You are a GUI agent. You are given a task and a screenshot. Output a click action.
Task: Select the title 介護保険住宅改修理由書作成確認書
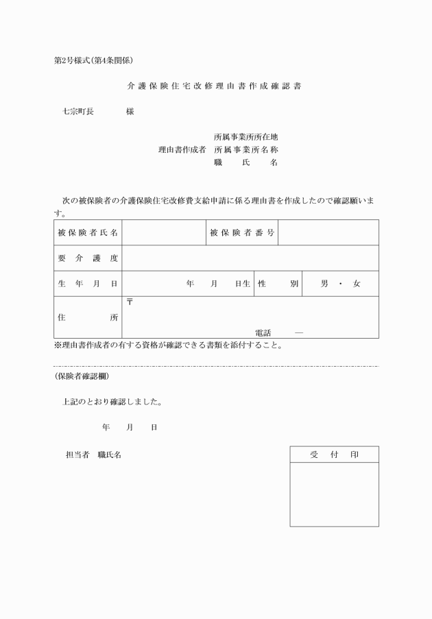coord(214,87)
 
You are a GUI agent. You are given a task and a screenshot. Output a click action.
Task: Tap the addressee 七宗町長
coord(78,111)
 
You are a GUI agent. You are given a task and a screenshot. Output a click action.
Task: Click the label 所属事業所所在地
coord(245,136)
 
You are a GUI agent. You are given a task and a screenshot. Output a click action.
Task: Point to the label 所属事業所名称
coord(245,149)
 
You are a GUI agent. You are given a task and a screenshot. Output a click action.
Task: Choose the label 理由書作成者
coord(182,149)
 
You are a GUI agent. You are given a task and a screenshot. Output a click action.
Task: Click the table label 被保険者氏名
coord(88,233)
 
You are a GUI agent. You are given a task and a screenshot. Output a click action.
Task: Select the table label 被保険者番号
coord(242,233)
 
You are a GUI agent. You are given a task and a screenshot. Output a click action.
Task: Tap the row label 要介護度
coord(88,258)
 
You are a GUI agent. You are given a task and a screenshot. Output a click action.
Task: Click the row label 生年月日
coord(88,284)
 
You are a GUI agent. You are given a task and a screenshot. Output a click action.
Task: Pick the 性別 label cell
coord(278,284)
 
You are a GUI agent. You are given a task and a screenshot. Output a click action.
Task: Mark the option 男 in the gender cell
coord(324,284)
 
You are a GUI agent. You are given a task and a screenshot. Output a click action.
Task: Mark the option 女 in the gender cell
coord(357,284)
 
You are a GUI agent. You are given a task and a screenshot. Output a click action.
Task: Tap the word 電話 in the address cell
coord(263,332)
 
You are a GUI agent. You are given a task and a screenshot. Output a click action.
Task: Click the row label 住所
coord(88,317)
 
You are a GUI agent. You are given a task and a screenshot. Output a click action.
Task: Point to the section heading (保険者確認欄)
coord(81,376)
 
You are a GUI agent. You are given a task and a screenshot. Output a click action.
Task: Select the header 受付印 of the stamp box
coord(334,454)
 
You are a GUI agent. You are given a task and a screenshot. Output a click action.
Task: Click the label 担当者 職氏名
coord(93,454)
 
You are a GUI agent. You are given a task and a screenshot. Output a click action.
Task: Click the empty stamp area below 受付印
coord(334,494)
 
